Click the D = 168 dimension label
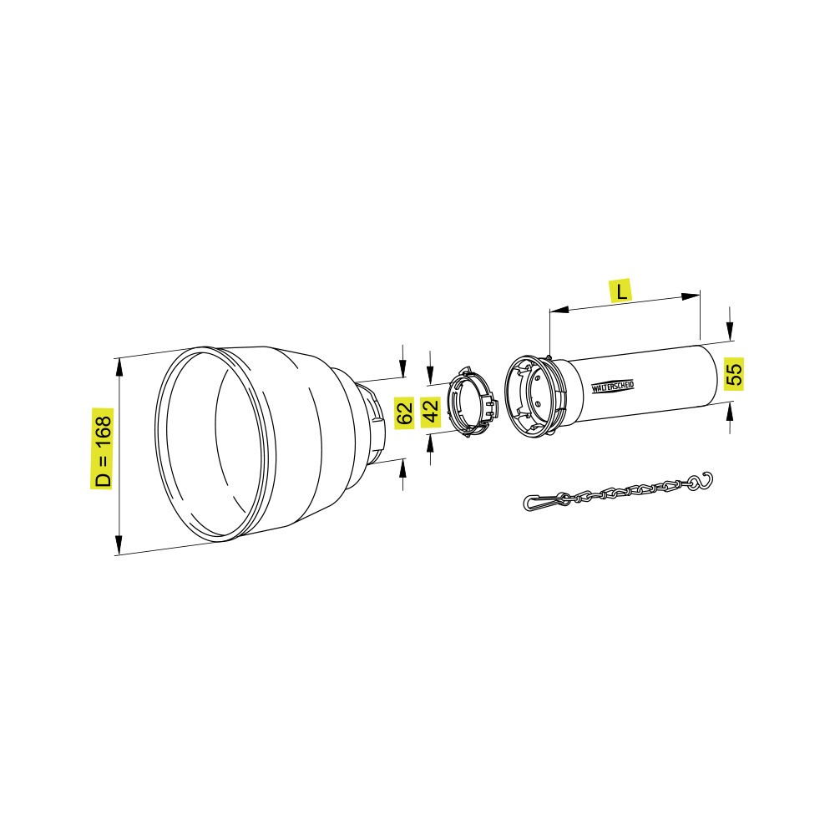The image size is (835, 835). coord(102,448)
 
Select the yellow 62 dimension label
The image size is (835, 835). coord(404,412)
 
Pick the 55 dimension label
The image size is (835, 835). coord(734,373)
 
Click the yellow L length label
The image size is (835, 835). coord(621,291)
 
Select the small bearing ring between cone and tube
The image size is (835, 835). coord(472,402)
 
